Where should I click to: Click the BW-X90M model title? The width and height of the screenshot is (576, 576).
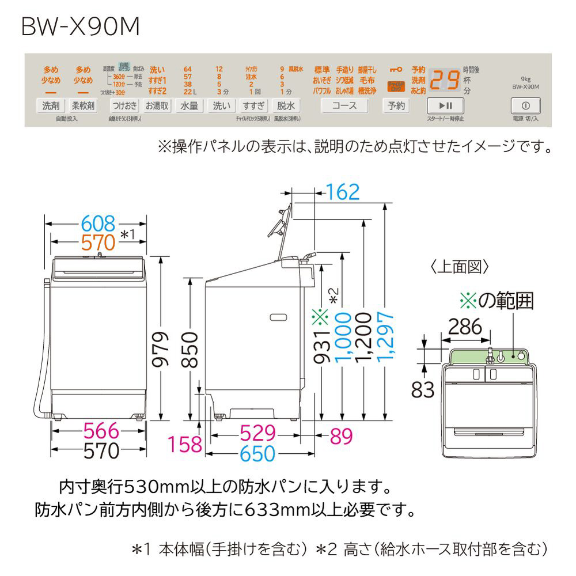pos(81,28)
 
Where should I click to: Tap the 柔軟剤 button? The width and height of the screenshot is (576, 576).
pos(83,105)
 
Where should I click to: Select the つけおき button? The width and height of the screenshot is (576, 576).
pos(124,105)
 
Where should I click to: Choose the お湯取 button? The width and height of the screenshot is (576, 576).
pos(157,105)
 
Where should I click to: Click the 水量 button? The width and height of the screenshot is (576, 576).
pos(189,105)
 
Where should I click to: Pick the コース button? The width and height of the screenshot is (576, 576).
pos(344,105)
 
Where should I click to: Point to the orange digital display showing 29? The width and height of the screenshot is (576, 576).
pos(445,81)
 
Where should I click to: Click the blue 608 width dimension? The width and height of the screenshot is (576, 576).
pos(98,223)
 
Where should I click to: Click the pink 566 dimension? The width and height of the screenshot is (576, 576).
pos(98,431)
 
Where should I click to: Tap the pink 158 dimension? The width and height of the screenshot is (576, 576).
pos(185,444)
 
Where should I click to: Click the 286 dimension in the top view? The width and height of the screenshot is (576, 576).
pos(465,327)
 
